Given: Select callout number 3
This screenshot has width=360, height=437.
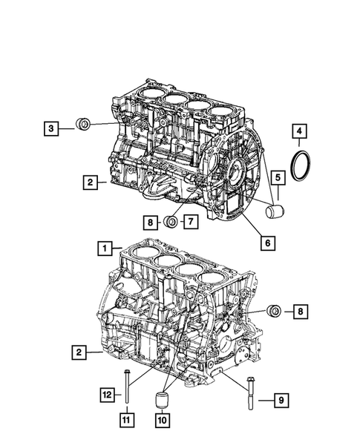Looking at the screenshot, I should pos(50,129).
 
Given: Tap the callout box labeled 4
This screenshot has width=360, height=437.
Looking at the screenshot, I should pos(299,134).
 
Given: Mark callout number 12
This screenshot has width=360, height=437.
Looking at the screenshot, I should pos(108,395).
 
